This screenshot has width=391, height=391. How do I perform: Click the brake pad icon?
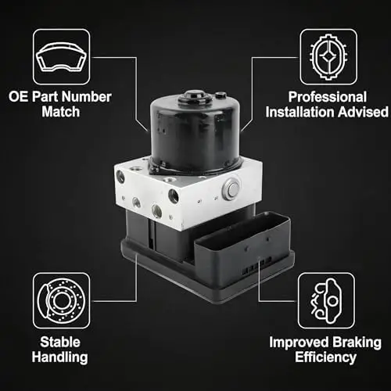tap(62, 57)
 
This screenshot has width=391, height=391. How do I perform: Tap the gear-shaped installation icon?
tap(328, 57)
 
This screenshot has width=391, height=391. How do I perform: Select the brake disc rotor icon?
tap(62, 300)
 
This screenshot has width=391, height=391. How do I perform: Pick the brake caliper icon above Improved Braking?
tap(326, 300)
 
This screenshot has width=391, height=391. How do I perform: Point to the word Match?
tap(61, 112)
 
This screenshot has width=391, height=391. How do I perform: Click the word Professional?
tap(328, 97)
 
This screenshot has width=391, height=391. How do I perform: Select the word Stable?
tap(60, 342)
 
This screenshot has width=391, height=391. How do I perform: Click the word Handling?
tap(59, 357)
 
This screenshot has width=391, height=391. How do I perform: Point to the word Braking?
tap(357, 343)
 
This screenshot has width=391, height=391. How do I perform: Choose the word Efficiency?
tap(325, 357)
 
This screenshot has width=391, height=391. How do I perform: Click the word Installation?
tap(300, 112)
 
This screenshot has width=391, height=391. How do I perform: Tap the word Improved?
tap(300, 343)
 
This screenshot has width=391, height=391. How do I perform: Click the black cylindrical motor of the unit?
tap(195, 135)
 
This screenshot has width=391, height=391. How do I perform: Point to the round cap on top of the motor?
tap(195, 98)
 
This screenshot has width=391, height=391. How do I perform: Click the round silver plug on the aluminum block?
tap(231, 188)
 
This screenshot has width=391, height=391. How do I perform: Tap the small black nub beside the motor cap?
tap(221, 95)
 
